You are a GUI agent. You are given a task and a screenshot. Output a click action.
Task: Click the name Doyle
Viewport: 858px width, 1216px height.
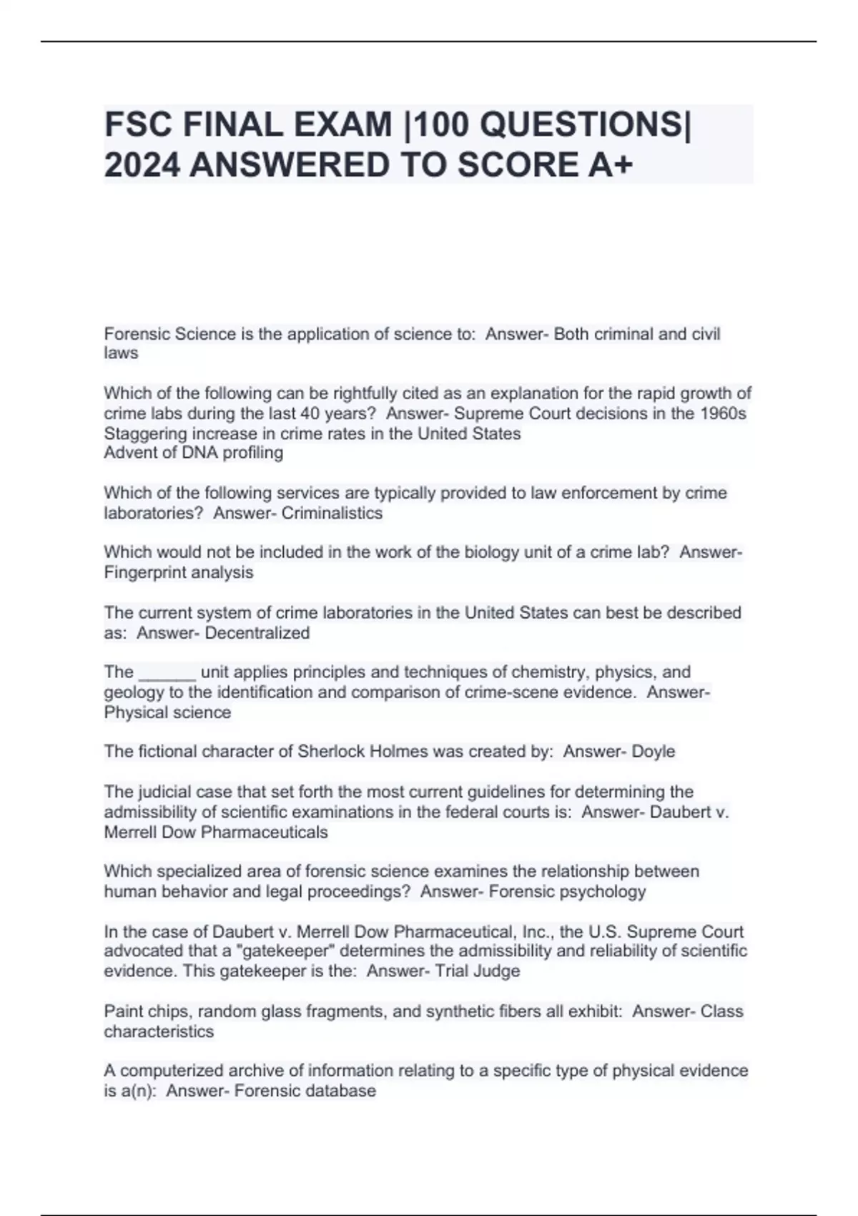654,752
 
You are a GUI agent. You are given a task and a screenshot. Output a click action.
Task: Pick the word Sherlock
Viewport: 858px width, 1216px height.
329,752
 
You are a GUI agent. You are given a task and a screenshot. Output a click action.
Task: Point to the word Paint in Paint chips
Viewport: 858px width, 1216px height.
124,1011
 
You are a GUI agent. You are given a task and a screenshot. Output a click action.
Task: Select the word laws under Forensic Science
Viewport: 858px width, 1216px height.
121,353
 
